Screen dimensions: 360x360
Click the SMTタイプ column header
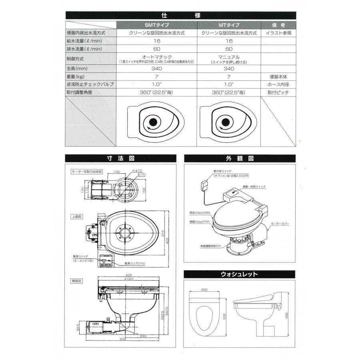[x=157, y=25]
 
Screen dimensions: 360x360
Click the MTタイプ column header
[x=229, y=25]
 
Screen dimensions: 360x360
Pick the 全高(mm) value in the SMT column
[x=157, y=68]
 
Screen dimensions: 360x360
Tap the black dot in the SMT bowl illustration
[x=152, y=122]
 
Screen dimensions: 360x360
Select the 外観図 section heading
[x=240, y=158]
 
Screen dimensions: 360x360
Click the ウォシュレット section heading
[x=240, y=274]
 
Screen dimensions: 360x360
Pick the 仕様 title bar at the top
[x=180, y=16]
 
